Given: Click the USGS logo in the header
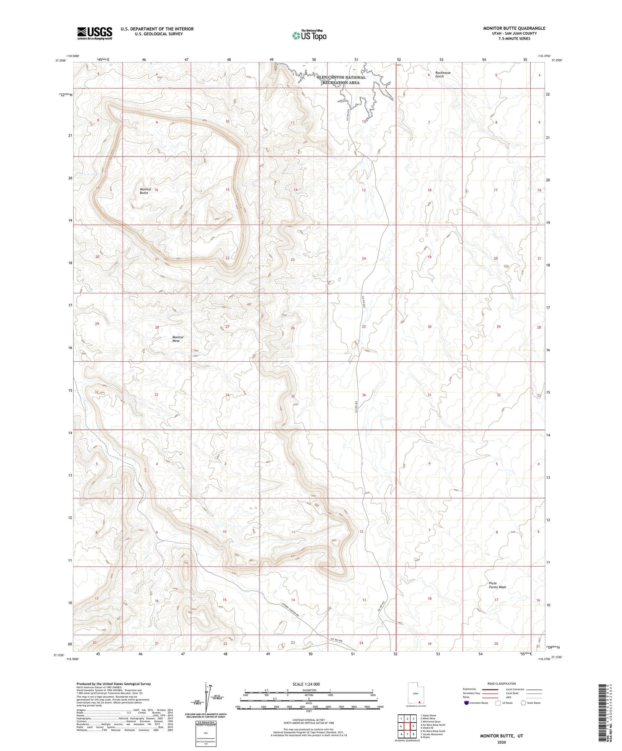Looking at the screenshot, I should [x=95, y=33].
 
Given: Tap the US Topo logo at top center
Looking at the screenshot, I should [x=309, y=35].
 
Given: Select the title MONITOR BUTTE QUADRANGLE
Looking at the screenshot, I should [x=514, y=28].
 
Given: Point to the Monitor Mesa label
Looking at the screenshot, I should [x=178, y=339].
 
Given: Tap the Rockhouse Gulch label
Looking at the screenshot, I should [x=443, y=74].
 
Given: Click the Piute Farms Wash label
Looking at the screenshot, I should [x=497, y=585].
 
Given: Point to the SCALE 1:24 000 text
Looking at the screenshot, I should [x=306, y=684].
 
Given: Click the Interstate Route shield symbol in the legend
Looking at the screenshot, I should [x=467, y=703].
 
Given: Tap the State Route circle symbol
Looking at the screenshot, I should [x=523, y=703].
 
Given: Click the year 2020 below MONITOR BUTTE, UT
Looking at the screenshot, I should [x=501, y=742].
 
